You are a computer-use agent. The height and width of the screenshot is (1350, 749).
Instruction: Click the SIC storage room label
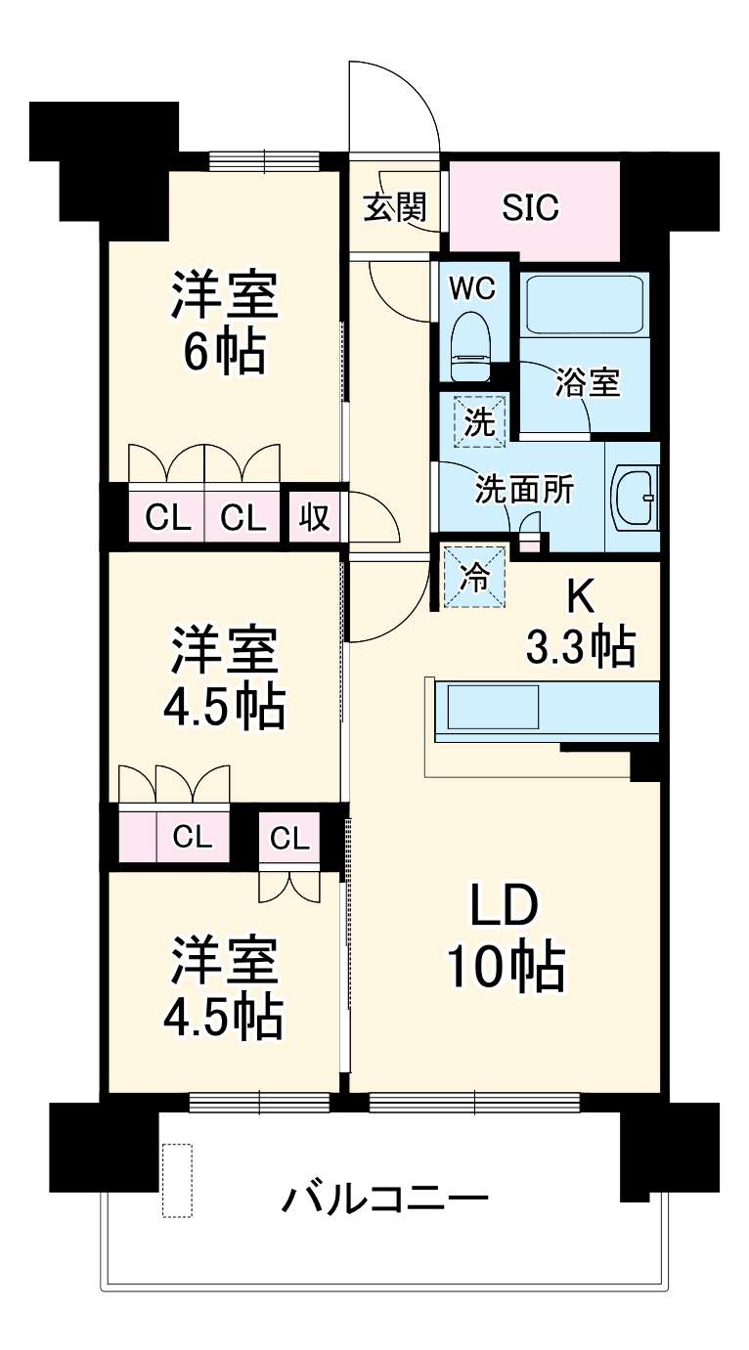(531, 207)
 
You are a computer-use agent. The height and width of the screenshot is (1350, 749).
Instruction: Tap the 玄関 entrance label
(396, 207)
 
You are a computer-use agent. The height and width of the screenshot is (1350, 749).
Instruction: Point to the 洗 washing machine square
(479, 421)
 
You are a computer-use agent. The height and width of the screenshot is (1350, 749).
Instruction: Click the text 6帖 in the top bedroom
(225, 354)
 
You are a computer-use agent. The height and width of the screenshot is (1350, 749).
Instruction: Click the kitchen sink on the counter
(493, 707)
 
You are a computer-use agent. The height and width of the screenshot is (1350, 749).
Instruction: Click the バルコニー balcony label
(386, 1198)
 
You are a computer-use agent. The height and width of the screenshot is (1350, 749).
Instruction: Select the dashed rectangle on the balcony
(177, 1181)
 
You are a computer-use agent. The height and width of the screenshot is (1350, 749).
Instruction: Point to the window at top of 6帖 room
(264, 160)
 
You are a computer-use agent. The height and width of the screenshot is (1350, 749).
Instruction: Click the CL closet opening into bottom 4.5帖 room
(289, 837)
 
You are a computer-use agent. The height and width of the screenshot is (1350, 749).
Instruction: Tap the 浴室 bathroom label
(587, 383)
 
